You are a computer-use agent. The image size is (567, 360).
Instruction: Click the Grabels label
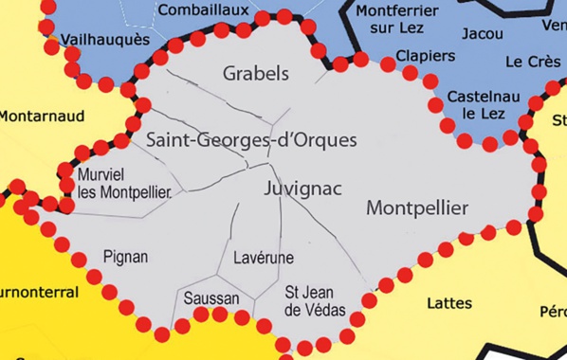pyautogui.click(x=255, y=73)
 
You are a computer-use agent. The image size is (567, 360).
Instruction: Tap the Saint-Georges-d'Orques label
pyautogui.click(x=252, y=140)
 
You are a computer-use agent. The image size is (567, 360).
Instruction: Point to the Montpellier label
pyautogui.click(x=415, y=207)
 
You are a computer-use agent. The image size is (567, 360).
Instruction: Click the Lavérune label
pyautogui.click(x=263, y=258)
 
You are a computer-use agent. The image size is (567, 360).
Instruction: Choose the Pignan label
pyautogui.click(x=125, y=256)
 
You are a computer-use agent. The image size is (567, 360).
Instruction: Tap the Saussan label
pyautogui.click(x=211, y=297)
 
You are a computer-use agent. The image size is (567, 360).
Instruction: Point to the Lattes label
pyautogui.click(x=448, y=303)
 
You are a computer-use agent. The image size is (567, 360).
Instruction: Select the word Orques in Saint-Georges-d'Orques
pyautogui.click(x=325, y=140)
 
